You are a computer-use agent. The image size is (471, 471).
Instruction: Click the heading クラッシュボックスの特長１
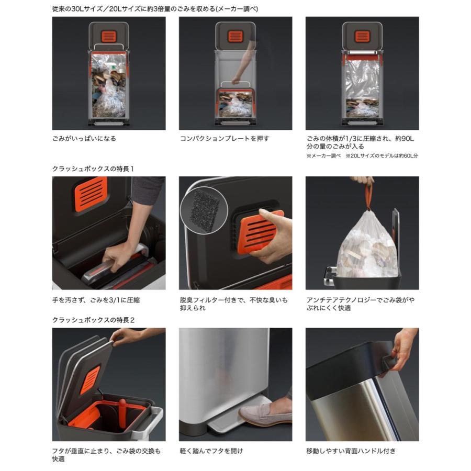pyautogui.click(x=93, y=169)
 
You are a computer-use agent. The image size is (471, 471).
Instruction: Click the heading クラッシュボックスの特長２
pyautogui.click(x=94, y=320)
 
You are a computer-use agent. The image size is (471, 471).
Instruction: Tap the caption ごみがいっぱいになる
pyautogui.click(x=84, y=139)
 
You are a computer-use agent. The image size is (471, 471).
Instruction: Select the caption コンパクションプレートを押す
pyautogui.click(x=225, y=139)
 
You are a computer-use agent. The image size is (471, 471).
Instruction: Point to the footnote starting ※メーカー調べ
pyautogui.click(x=362, y=155)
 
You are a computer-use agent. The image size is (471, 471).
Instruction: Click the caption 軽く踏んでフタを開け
pyautogui.click(x=211, y=451)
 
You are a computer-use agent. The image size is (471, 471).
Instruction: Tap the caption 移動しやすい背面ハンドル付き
pyautogui.click(x=351, y=451)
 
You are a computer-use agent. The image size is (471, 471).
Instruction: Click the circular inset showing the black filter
pyautogui.click(x=203, y=206)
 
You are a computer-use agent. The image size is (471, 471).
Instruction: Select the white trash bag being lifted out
pyautogui.click(x=368, y=243)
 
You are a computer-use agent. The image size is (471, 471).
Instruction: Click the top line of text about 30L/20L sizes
pyautogui.click(x=155, y=9)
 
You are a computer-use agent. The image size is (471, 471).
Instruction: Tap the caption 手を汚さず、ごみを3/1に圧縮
pyautogui.click(x=96, y=300)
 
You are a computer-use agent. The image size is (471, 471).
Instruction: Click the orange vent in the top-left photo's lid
pyautogui.click(x=108, y=36)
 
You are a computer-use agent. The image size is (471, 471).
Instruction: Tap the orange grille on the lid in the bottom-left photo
pyautogui.click(x=90, y=380)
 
